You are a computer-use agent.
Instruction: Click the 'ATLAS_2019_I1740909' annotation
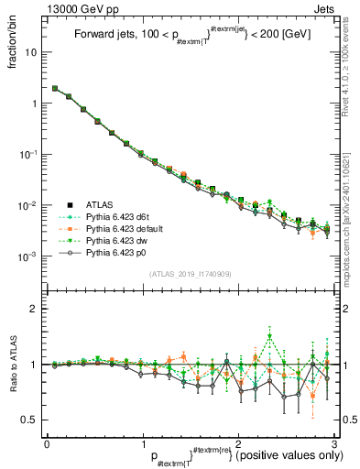tap(191, 274)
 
